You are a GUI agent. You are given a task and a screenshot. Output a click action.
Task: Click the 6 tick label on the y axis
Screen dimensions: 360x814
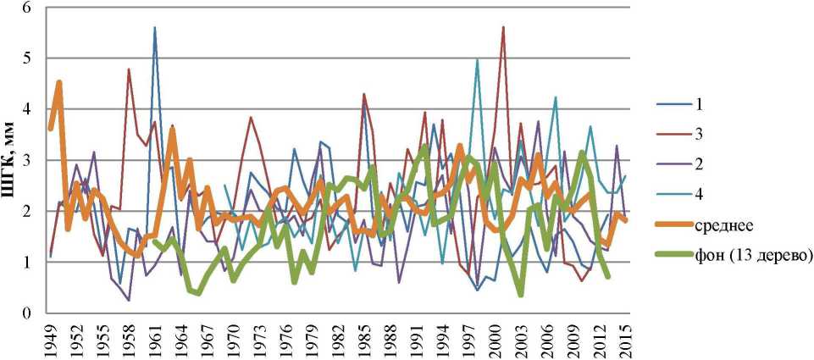(x=27, y=8)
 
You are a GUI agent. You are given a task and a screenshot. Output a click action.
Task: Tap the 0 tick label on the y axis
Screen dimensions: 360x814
(x=27, y=313)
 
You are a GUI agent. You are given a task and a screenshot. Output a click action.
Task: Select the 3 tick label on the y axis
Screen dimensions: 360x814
(x=27, y=160)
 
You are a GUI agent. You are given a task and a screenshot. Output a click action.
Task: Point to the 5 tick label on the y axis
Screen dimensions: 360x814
(x=27, y=58)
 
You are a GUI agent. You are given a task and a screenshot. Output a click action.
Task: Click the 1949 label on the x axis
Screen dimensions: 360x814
(x=52, y=339)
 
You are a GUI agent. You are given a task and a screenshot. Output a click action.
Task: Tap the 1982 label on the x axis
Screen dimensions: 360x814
(x=338, y=339)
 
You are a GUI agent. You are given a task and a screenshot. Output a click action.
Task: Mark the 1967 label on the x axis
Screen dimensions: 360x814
(x=208, y=339)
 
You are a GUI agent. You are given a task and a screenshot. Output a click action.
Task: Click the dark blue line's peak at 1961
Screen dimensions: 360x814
(x=155, y=27)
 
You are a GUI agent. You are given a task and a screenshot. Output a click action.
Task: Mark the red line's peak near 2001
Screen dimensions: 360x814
(x=503, y=27)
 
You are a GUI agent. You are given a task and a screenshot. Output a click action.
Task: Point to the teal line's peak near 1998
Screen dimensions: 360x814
(x=478, y=59)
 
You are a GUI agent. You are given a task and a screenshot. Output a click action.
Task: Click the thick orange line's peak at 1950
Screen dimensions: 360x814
(x=59, y=82)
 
